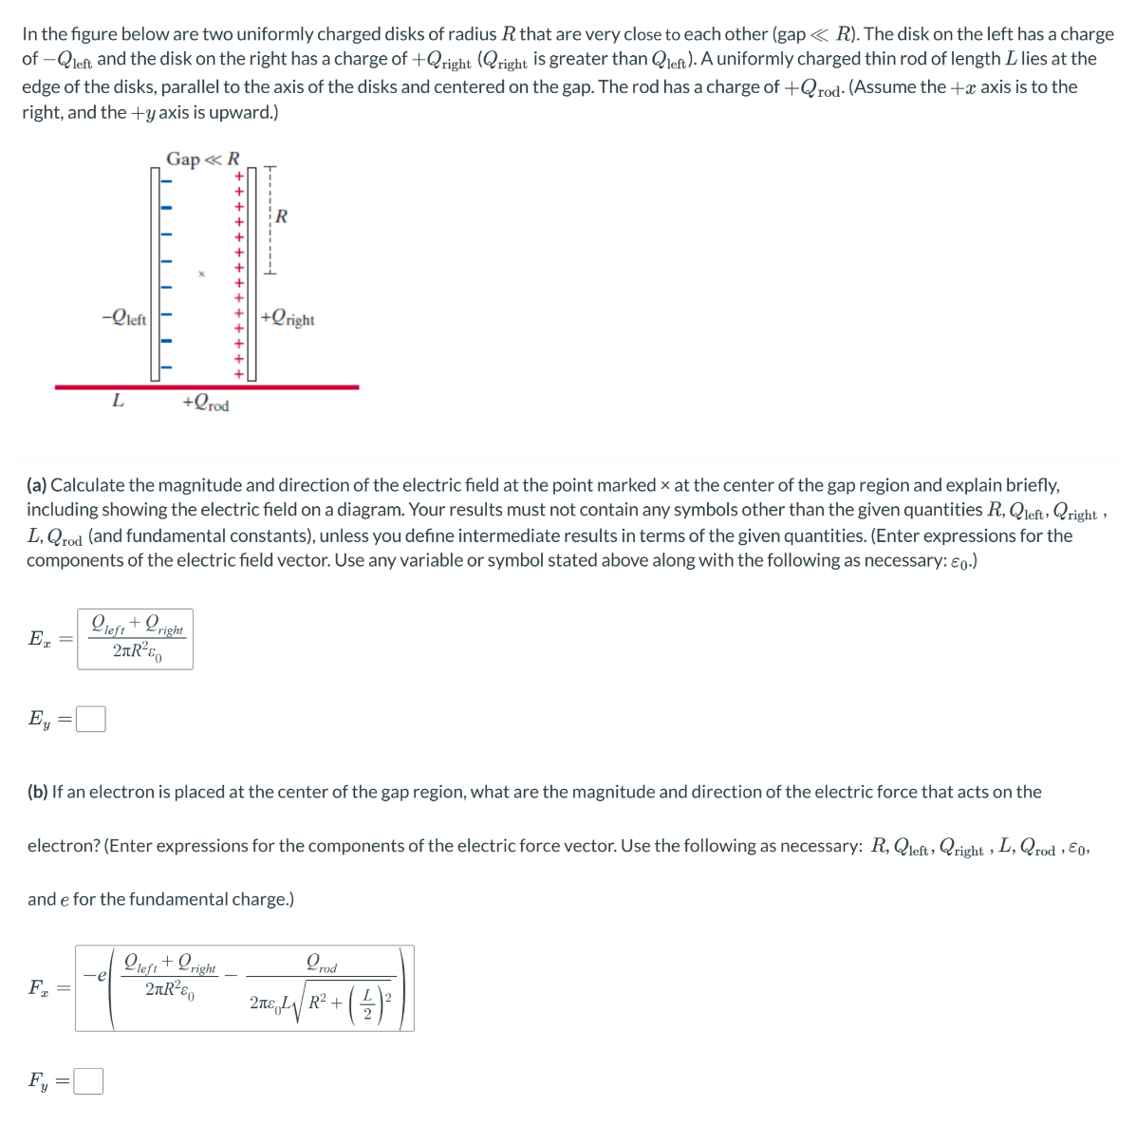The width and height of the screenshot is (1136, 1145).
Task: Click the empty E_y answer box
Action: point(90,720)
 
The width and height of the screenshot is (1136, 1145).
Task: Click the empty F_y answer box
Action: point(88,1081)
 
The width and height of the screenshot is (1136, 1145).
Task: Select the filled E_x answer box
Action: point(135,639)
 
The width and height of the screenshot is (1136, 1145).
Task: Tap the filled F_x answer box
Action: point(244,988)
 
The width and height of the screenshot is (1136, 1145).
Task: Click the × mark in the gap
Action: point(200,274)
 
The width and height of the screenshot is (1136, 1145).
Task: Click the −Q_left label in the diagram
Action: point(123,318)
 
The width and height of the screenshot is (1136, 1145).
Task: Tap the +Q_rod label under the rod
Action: point(206,404)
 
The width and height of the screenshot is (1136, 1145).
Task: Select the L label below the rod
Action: point(118,401)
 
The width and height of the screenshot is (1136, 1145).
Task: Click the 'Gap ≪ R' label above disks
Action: point(202,159)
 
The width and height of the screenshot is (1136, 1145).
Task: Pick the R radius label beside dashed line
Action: point(282,216)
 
